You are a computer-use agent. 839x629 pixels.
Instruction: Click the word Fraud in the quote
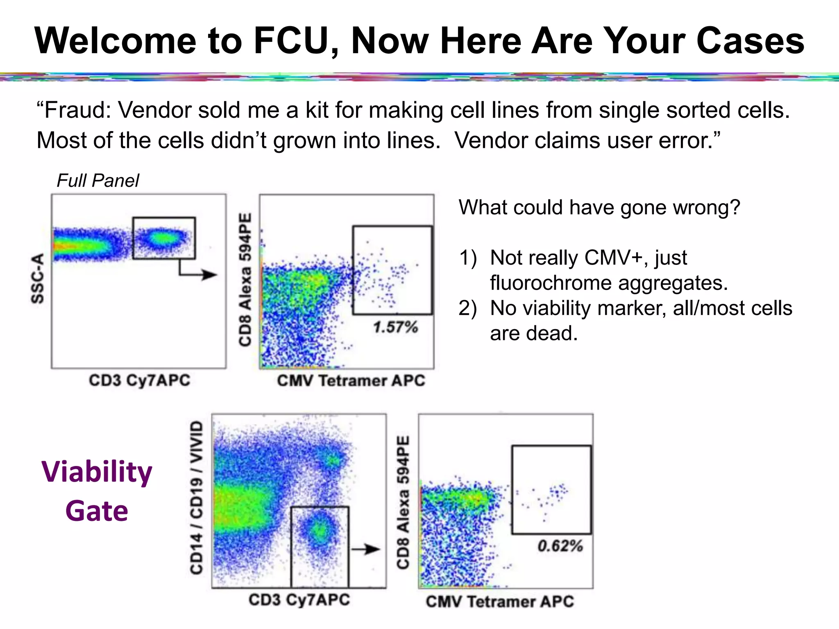click(x=74, y=110)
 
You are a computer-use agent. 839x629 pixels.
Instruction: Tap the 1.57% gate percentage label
click(x=395, y=327)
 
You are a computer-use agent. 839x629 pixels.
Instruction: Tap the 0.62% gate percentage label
click(x=560, y=546)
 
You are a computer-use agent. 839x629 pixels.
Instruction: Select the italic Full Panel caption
click(x=98, y=181)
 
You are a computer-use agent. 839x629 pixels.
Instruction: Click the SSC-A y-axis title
click(x=38, y=278)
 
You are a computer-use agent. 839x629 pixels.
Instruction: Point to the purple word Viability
click(x=97, y=472)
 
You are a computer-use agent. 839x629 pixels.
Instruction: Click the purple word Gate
click(x=97, y=511)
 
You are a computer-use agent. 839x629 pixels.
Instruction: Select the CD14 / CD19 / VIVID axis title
click(x=197, y=498)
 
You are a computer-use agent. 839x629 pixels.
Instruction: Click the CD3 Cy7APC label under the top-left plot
click(x=139, y=380)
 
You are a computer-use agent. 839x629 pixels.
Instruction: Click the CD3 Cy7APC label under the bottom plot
click(x=299, y=600)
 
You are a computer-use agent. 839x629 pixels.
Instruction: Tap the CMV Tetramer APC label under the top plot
click(x=351, y=380)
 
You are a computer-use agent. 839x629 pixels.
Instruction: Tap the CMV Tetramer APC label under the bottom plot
click(x=500, y=602)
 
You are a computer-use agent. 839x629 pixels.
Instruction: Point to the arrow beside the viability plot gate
click(x=366, y=549)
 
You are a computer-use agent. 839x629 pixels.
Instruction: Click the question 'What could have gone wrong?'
click(x=599, y=207)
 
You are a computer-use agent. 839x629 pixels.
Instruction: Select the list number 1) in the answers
click(x=468, y=258)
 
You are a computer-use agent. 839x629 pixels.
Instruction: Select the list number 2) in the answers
click(x=468, y=308)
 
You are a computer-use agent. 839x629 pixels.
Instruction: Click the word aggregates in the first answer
click(x=672, y=283)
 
